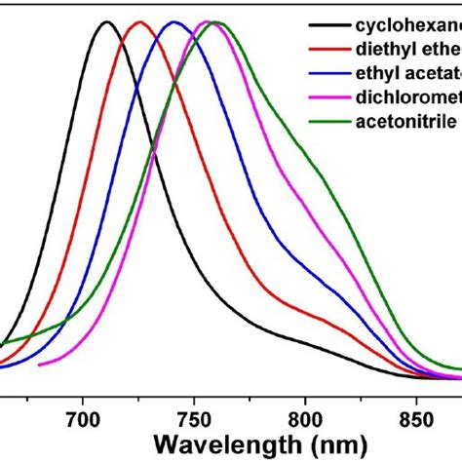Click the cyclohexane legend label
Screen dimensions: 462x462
(409, 25)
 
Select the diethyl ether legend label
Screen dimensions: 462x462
(409, 49)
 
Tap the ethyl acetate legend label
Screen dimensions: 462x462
(409, 72)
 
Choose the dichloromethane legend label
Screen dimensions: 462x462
(409, 96)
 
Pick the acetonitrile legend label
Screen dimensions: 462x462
(404, 120)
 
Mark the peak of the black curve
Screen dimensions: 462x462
(106, 22)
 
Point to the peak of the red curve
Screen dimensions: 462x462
(139, 22)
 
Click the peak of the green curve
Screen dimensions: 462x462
(216, 22)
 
